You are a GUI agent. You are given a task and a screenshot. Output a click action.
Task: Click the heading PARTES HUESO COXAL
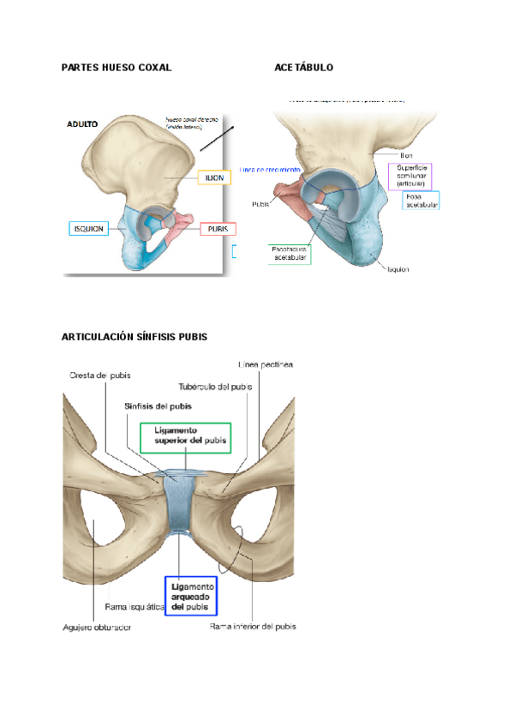coord(117,67)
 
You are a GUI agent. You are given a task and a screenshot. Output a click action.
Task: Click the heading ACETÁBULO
coord(304,67)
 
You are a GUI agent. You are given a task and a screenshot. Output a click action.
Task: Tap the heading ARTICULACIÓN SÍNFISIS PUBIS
coord(134,337)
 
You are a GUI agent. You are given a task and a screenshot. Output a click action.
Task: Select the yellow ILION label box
coord(214,177)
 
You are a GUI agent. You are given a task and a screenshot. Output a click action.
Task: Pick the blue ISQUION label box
coord(89,229)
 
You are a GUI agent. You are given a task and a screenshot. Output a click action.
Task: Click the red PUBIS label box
coord(218,229)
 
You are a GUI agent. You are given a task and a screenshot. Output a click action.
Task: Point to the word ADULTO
coord(82,124)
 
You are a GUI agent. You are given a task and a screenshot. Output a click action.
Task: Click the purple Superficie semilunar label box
coord(411,175)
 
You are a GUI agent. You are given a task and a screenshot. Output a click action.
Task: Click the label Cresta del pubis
coord(99,376)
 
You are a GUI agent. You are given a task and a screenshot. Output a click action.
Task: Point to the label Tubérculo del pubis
coord(215,387)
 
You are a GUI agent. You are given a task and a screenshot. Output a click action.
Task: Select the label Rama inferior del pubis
coord(253,627)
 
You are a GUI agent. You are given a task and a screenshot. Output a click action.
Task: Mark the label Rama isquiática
coord(134,606)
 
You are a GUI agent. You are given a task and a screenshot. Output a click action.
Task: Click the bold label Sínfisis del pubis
coord(157,406)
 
